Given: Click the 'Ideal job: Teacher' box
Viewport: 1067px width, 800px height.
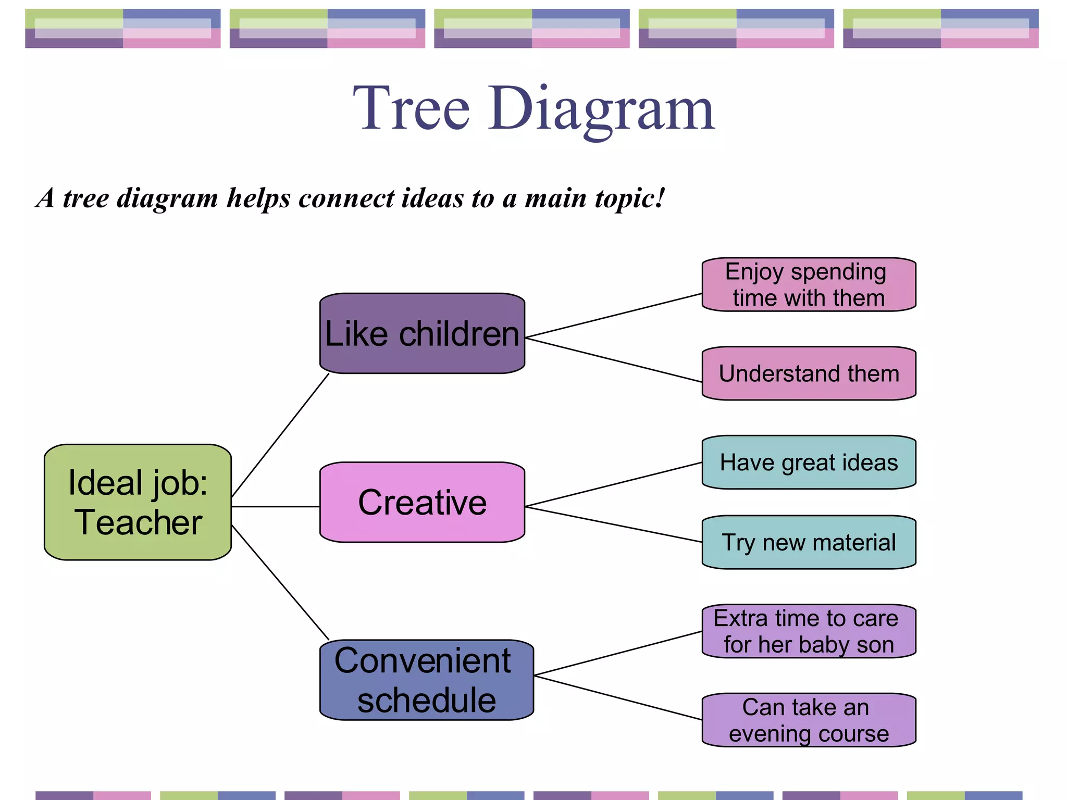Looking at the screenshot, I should click(x=138, y=502).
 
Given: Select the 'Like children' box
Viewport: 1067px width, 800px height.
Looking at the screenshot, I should click(x=422, y=333).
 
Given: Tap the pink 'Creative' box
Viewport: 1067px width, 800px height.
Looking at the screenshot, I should click(x=422, y=502).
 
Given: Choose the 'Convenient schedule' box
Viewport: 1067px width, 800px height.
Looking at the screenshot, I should click(x=426, y=680).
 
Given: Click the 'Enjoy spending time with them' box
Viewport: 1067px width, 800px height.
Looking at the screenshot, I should click(x=809, y=284).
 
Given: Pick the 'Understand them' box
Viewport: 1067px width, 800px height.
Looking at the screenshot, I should click(x=809, y=373).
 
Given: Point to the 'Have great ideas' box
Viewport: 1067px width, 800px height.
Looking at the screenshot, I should click(x=809, y=463).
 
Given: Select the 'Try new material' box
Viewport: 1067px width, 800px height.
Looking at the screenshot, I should click(x=809, y=542).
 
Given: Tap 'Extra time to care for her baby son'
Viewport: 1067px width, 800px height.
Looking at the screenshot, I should click(x=809, y=631).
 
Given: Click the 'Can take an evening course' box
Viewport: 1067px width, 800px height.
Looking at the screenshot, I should click(x=809, y=720).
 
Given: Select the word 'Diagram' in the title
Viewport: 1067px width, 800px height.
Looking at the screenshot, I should click(x=601, y=109).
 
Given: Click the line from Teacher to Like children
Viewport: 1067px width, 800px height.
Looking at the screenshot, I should click(x=280, y=435).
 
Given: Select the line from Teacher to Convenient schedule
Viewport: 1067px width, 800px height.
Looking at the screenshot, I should click(x=280, y=582).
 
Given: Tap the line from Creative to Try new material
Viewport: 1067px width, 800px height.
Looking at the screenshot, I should click(x=613, y=524).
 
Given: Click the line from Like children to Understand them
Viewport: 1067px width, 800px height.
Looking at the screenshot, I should click(x=613, y=360).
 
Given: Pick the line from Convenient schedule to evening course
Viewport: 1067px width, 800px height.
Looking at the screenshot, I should click(x=618, y=697).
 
